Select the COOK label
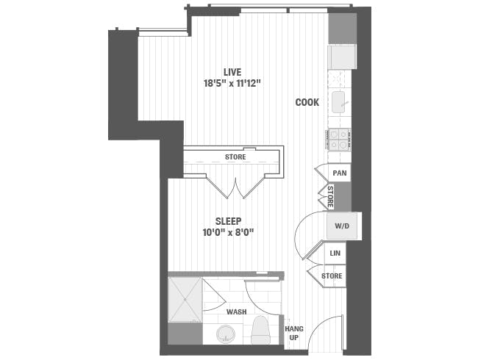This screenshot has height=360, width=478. coord(307,103)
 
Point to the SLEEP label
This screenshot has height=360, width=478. coord(229,220)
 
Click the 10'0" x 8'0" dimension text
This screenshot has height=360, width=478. coord(229,232)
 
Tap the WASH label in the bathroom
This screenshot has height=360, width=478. coord(236,312)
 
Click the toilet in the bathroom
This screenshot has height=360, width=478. coord(261,330)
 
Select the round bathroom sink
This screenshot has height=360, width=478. coord(225,335)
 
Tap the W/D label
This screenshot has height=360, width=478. coord(341,226)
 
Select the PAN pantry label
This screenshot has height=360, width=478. coord(339,173)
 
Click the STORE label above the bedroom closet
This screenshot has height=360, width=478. coord(235,157)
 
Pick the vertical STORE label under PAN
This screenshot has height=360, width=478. coord(331,196)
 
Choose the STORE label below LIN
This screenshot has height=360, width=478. coord(332,276)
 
